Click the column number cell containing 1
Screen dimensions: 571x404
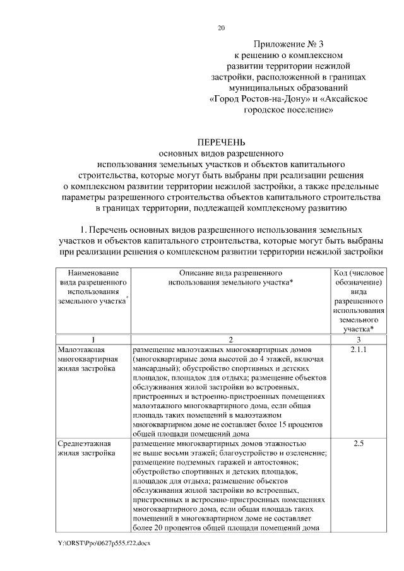(x=92, y=339)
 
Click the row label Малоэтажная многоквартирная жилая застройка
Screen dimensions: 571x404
(x=85, y=359)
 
